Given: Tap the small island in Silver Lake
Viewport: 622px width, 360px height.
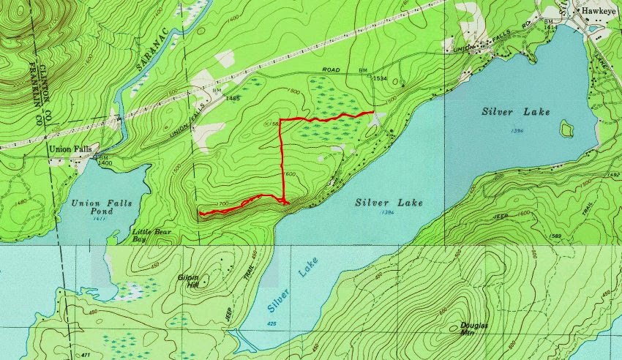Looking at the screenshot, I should pos(566,130).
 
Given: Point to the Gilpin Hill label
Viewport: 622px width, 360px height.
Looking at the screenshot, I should pos(193,281).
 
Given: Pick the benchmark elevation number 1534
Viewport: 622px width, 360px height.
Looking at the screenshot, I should pos(379,78).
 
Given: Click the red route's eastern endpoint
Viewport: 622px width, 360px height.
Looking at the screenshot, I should pos(373,112).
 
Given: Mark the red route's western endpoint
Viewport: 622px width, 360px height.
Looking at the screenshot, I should pos(200,214).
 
